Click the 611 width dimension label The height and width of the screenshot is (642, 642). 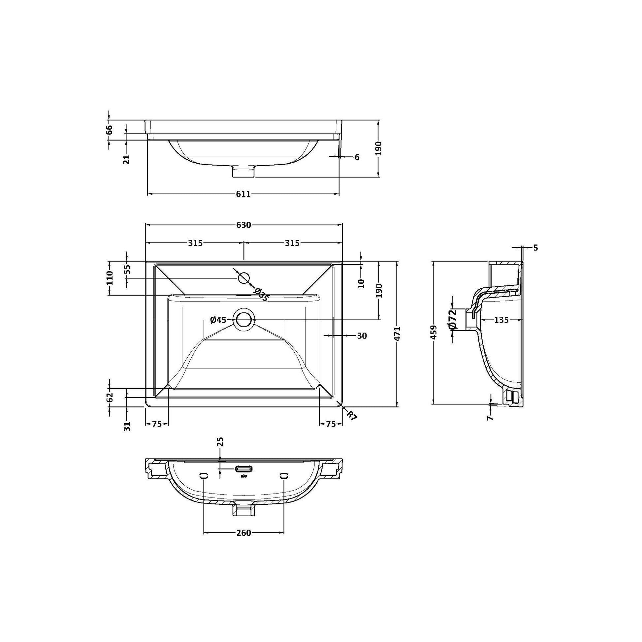(x=243, y=194)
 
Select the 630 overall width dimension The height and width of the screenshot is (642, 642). (x=243, y=225)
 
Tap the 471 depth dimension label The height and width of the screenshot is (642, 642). (x=398, y=333)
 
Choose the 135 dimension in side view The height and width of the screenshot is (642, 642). (x=501, y=320)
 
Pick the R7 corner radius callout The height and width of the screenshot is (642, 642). (x=351, y=415)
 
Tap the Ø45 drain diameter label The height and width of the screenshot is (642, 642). (x=218, y=320)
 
